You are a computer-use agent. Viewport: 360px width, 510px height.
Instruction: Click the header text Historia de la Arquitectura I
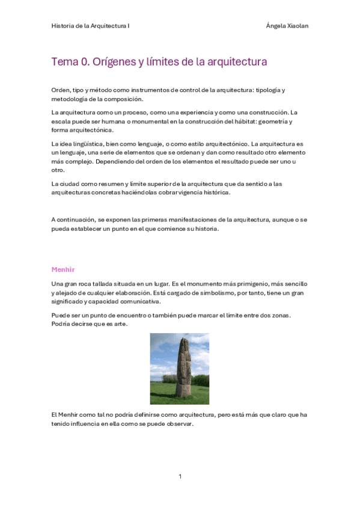click(90, 26)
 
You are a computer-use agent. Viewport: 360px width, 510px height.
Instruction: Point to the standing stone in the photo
click(183, 367)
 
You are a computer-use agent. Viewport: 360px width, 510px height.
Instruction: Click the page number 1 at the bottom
click(180, 476)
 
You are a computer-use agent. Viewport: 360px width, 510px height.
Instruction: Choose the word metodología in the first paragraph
click(72, 99)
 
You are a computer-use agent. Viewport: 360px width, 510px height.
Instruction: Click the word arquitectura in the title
click(238, 62)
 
